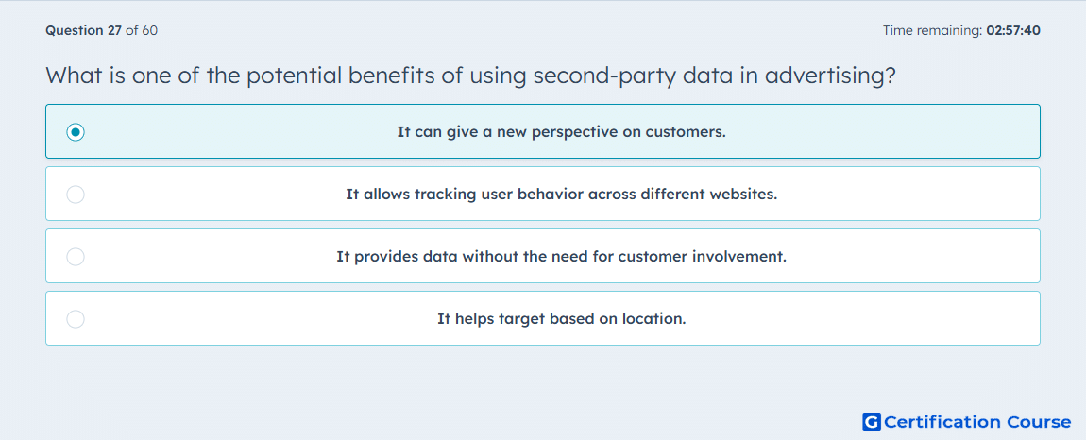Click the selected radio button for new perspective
[76, 131]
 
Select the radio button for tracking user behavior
[76, 195]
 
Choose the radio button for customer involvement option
[76, 257]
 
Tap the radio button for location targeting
[76, 319]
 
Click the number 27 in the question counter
[115, 30]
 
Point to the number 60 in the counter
[149, 30]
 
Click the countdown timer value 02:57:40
[1012, 30]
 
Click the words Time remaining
[932, 30]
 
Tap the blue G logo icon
[872, 421]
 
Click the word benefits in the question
[393, 76]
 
